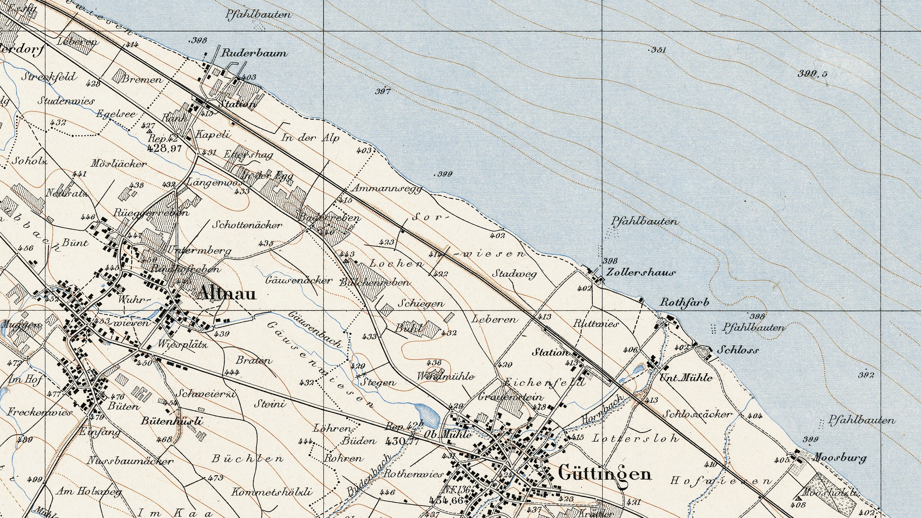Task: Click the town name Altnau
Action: [x=227, y=294]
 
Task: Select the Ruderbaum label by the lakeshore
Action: [x=254, y=53]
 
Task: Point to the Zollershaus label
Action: [x=641, y=273]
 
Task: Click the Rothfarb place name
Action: [x=684, y=303]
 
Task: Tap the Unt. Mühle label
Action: [x=686, y=378]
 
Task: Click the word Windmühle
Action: [x=446, y=376]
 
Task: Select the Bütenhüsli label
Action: [x=172, y=421]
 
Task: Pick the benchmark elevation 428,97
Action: [x=164, y=148]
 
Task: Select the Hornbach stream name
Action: [x=602, y=408]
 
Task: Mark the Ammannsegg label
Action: [x=387, y=188]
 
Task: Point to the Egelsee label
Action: [x=116, y=114]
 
